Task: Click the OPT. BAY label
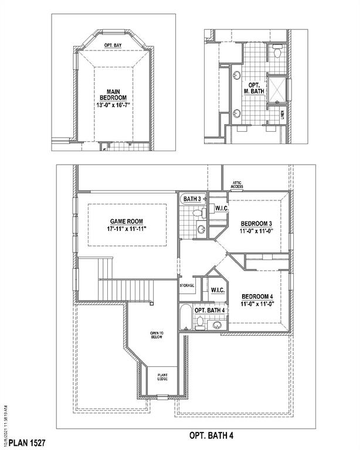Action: [113, 45]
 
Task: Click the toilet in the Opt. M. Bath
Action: [277, 53]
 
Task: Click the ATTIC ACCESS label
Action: [237, 185]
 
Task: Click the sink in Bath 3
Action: [201, 229]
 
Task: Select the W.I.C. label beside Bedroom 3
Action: [221, 209]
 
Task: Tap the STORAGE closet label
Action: [187, 285]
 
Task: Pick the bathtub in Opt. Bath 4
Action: [186, 318]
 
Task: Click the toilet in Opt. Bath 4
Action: [200, 321]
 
